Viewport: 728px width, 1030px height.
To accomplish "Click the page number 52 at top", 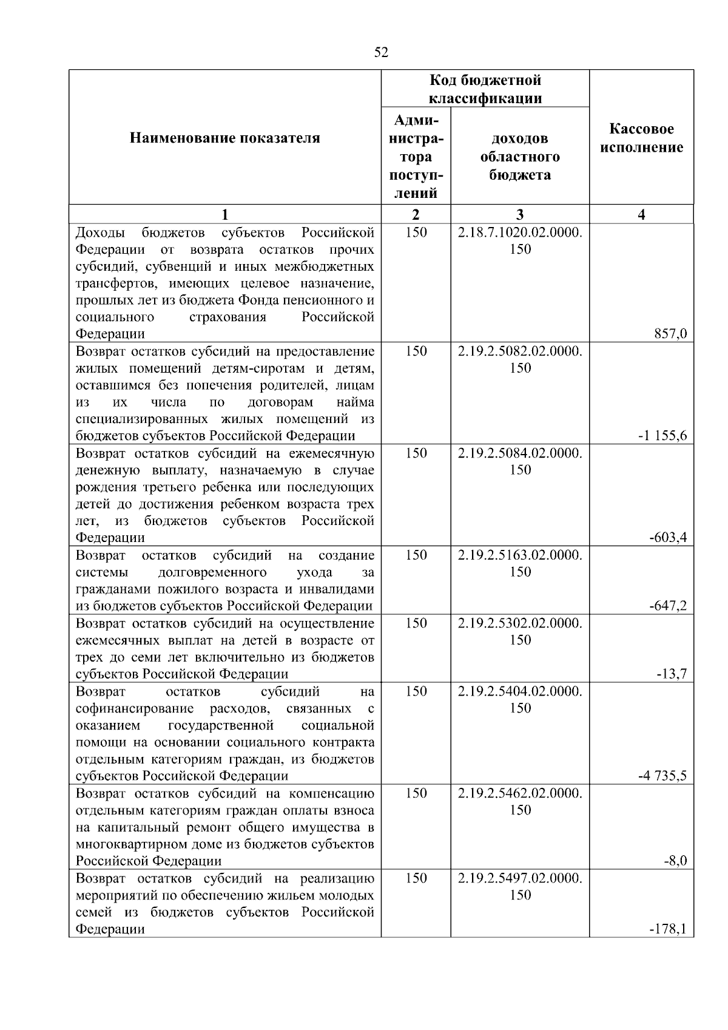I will (x=381, y=53).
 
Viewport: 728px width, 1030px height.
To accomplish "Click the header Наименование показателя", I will (x=225, y=138).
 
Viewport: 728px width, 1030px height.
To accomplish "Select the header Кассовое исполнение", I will (x=641, y=138).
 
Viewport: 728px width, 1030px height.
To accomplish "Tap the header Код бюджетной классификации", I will (x=485, y=89).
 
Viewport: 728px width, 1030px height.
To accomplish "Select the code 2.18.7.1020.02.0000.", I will (x=520, y=232).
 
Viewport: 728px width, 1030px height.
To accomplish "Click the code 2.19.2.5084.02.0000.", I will (x=520, y=453).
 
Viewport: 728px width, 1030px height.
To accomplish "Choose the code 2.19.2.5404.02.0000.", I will (x=520, y=691).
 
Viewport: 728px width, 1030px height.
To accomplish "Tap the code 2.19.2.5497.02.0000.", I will (x=520, y=878).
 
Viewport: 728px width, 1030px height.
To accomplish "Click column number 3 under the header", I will (x=520, y=214).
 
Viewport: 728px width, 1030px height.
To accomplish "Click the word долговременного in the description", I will (x=212, y=572).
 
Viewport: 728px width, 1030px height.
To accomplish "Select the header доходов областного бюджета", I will (x=520, y=157).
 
